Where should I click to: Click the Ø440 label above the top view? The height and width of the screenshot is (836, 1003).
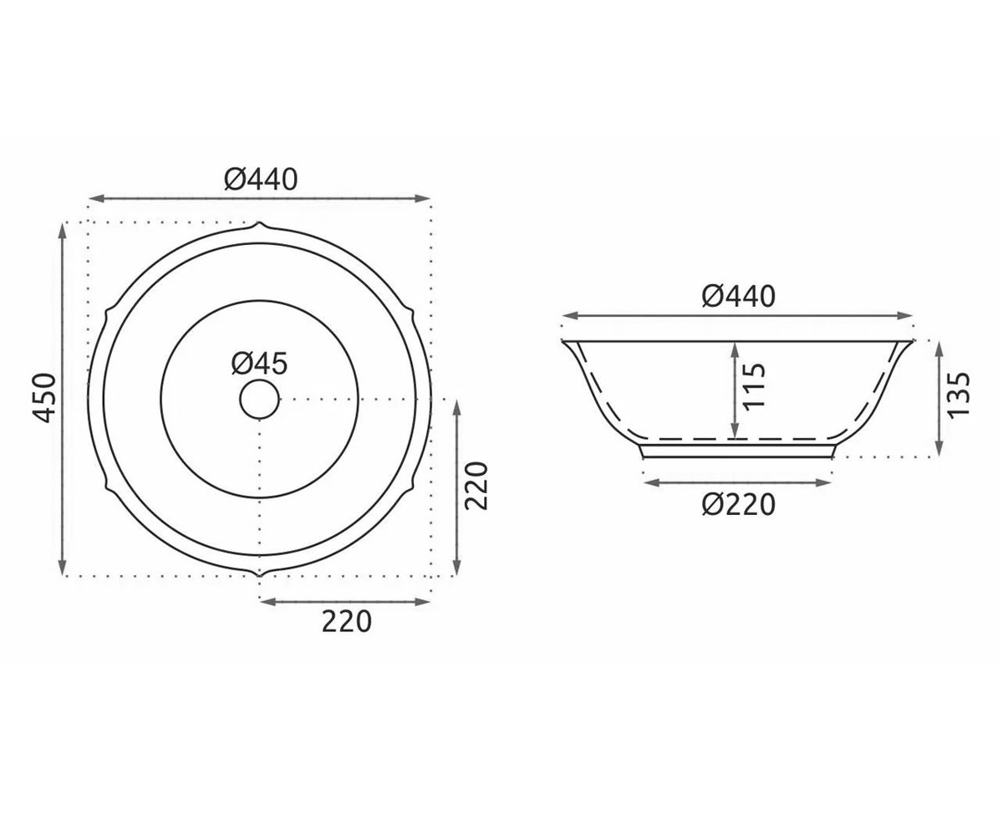click(261, 179)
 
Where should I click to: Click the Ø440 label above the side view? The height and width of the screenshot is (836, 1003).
click(738, 297)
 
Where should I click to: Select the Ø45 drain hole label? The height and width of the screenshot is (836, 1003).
click(259, 363)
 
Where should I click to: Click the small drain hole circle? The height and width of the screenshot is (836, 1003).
click(259, 400)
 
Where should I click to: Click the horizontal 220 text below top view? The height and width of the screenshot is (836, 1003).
click(346, 621)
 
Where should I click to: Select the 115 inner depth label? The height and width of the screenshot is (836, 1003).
click(753, 385)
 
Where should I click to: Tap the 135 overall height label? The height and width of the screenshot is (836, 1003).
click(959, 395)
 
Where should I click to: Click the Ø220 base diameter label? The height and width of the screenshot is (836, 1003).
click(738, 504)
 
